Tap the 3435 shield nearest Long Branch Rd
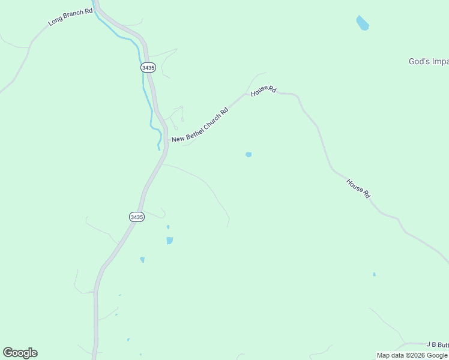[x=148, y=68]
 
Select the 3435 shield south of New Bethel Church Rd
[x=136, y=217]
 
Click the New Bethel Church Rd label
[x=200, y=125]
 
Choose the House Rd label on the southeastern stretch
[x=358, y=188]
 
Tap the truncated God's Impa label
[x=428, y=61]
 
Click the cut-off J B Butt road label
[x=437, y=344]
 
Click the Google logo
[x=20, y=353]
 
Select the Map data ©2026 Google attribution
[x=412, y=355]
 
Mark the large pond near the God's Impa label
[x=362, y=23]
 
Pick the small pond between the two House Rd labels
[x=249, y=155]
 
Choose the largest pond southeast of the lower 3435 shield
[x=170, y=241]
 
